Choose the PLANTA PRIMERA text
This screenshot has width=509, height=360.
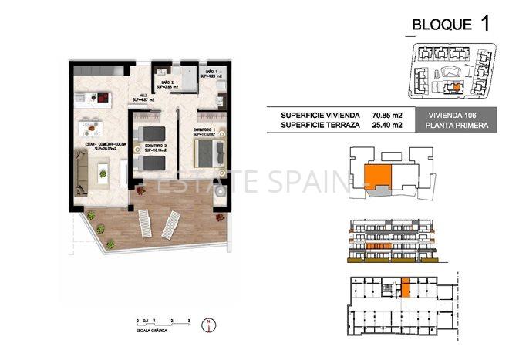point(452,124)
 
